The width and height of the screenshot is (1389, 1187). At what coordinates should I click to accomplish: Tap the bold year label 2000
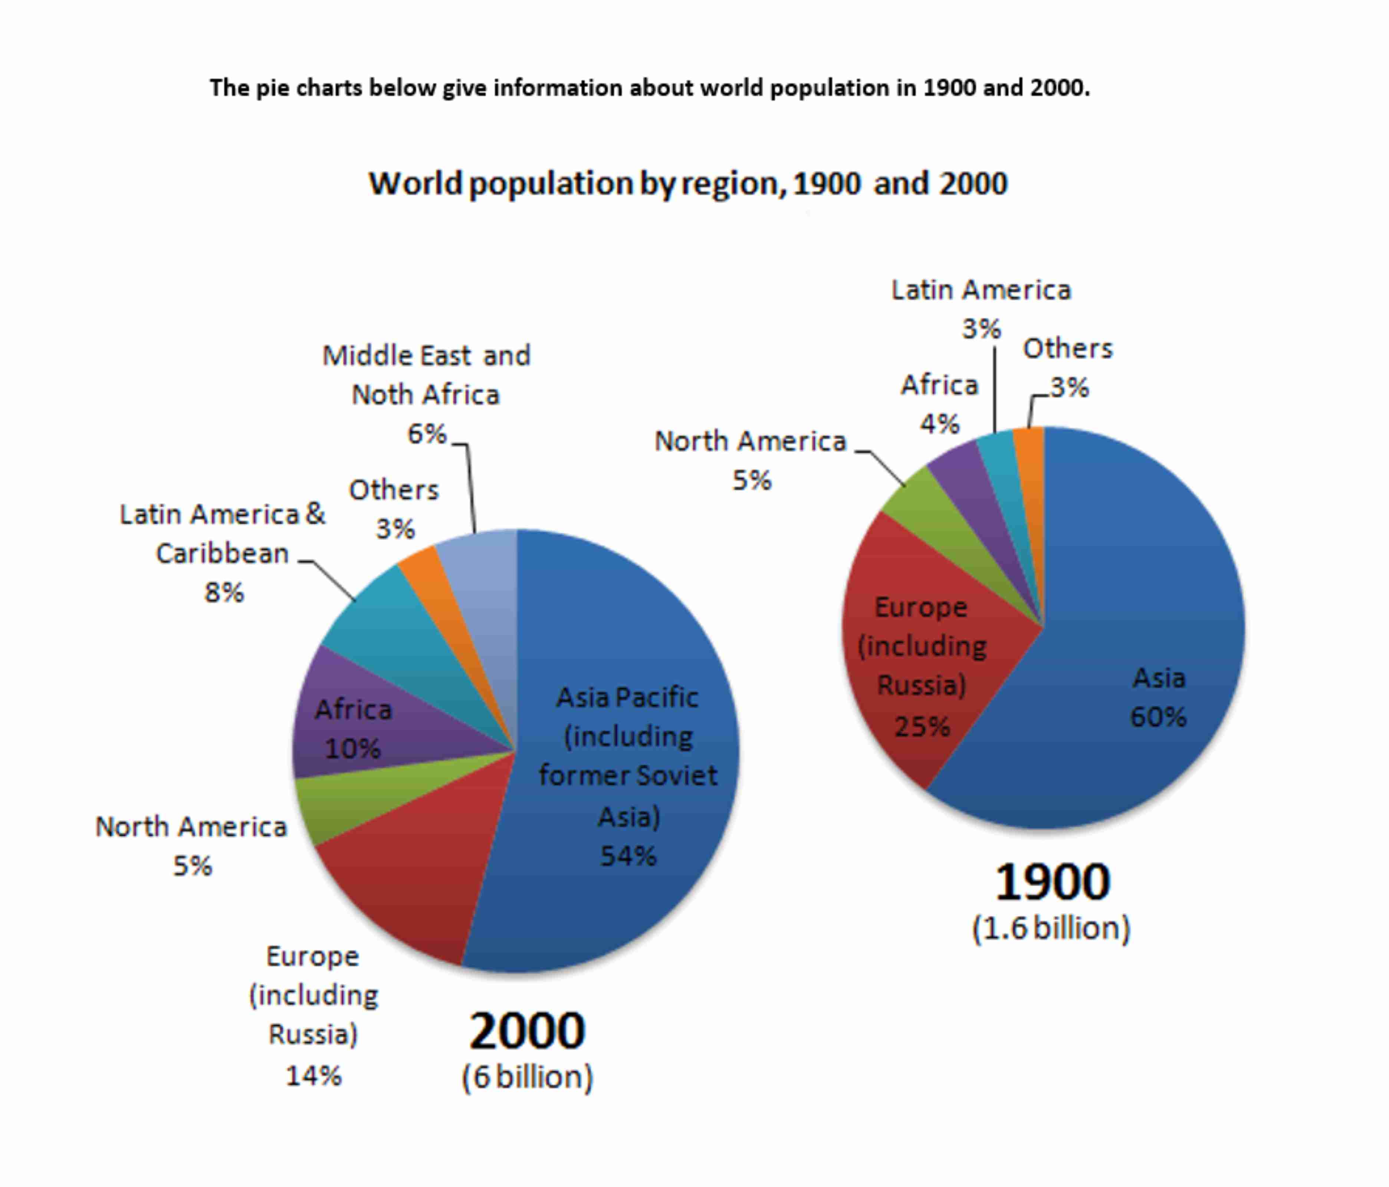(x=527, y=1031)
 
